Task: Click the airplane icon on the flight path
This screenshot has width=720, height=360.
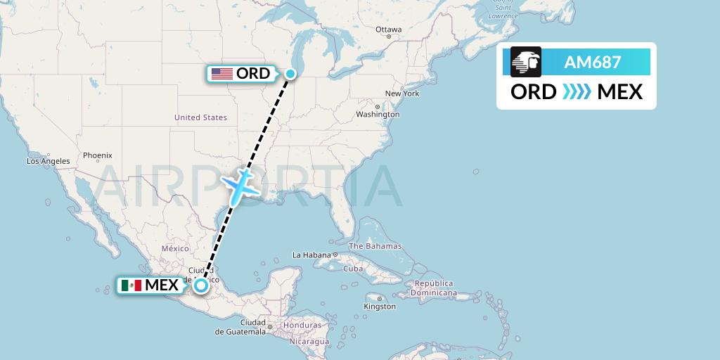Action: (x=240, y=184)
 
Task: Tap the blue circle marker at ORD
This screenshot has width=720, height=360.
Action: (x=290, y=73)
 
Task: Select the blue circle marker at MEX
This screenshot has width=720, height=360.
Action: (x=202, y=285)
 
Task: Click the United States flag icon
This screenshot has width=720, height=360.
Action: (x=222, y=74)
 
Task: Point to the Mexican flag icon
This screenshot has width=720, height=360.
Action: (x=131, y=285)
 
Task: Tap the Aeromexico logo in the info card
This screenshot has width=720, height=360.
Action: (x=526, y=62)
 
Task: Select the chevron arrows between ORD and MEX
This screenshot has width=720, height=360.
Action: (x=577, y=91)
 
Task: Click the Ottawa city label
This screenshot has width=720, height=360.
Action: (x=388, y=30)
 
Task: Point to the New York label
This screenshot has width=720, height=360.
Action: (x=402, y=94)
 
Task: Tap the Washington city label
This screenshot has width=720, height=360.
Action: (x=378, y=114)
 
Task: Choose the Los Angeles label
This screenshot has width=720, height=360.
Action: (x=49, y=161)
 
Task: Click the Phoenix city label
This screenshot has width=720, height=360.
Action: (x=97, y=155)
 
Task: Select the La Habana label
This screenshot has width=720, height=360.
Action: (x=311, y=255)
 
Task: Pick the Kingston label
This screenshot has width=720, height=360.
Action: (x=380, y=306)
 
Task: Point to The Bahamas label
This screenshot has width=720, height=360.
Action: (x=375, y=246)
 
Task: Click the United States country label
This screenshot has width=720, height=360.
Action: (x=200, y=117)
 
